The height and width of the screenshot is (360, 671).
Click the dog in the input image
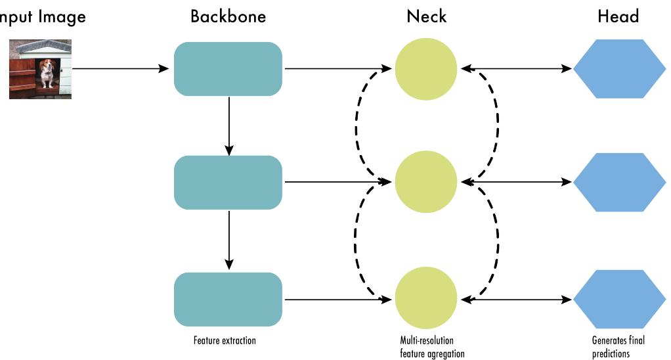47,72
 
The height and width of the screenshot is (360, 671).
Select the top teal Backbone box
228,68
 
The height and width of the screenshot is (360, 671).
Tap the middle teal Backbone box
228,182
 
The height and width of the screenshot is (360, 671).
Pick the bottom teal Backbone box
228,300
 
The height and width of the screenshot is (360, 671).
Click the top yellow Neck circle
425,68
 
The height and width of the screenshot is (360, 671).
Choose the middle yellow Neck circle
425,182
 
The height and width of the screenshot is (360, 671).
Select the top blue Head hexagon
618,68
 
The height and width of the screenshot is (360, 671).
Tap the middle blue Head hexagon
618,182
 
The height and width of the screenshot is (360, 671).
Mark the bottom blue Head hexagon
618,300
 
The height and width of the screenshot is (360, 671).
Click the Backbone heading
228,16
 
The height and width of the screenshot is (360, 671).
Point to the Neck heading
426,16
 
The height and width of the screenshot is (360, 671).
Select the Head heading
618,16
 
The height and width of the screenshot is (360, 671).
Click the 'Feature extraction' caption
225,341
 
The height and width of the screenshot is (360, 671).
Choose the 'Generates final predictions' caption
618,347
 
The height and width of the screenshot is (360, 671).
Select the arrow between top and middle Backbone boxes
228,125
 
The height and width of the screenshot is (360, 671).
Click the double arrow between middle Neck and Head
515,182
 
